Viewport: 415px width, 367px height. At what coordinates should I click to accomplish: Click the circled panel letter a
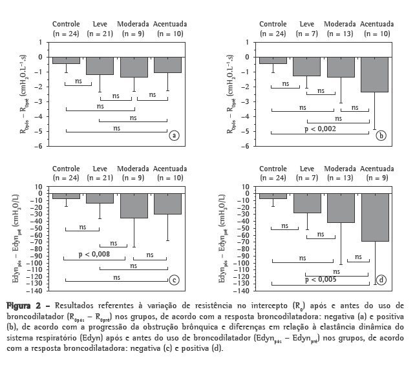tap(173, 135)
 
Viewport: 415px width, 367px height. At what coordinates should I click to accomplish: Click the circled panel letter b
tap(381, 135)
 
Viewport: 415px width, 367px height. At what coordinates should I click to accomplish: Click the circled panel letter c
tap(173, 280)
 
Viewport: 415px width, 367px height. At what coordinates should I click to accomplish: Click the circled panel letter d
tap(381, 280)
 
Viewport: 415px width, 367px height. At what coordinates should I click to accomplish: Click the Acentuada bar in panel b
tap(374, 74)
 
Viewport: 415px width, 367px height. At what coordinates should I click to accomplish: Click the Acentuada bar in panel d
tap(374, 217)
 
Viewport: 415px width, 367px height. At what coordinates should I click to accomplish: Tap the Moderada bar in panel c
tap(134, 205)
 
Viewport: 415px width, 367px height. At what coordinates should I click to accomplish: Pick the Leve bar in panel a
tap(100, 65)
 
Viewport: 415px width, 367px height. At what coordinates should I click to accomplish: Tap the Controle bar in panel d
tap(273, 196)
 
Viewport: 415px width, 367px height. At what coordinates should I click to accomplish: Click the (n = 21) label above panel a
tap(100, 32)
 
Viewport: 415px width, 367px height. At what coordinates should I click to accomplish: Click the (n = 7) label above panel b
tap(306, 32)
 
